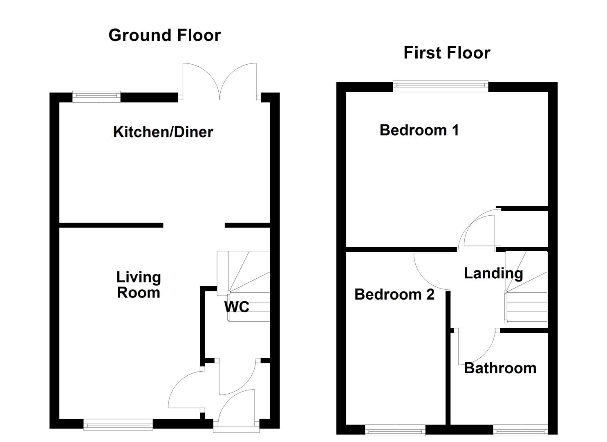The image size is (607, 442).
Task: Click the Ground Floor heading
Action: pos(164,35)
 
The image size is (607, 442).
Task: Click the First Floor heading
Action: pos(447,53)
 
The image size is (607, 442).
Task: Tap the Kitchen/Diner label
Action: pos(163,132)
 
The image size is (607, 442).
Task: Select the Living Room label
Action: pos(139,285)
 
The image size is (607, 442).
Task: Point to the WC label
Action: pos(237,307)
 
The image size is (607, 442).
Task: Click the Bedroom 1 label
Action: pos(419,130)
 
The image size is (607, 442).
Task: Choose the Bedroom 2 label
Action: pos(394,294)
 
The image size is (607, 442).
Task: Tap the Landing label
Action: pos(493,273)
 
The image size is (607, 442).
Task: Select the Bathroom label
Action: pos(500,368)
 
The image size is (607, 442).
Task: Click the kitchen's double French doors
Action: pos(220,82)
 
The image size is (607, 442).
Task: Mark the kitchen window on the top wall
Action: pos(96,97)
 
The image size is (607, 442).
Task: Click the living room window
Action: pos(118,425)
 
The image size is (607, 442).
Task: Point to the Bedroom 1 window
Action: pos(441,86)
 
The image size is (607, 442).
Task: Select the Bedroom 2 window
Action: pos(395,430)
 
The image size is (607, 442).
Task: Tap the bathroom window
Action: pos(520,430)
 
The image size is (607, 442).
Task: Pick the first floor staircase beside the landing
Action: pos(526,289)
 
